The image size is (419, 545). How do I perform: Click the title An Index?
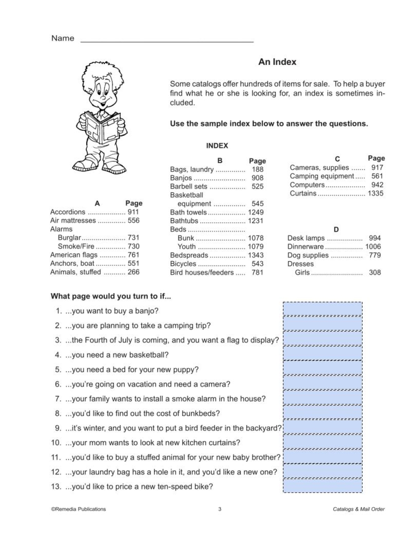pos(277,62)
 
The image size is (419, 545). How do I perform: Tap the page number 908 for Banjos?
pos(257,178)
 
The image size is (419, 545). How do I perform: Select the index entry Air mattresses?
pos(73,221)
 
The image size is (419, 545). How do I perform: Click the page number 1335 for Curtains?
pos(375,193)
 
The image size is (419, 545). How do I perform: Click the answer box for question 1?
pos(323,309)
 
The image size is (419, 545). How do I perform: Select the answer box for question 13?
pos(323,485)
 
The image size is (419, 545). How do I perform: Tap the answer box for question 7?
pos(323,397)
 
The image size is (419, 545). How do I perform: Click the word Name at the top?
pos(62,39)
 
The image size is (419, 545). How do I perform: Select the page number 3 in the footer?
pos(220,509)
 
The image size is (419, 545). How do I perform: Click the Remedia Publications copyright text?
pos(78,509)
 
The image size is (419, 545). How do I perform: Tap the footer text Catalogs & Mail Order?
pos(358,509)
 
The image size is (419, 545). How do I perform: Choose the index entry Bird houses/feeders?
pos(202,272)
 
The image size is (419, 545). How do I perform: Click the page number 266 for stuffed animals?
pos(133,272)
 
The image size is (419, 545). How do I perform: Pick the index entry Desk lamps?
pos(306,238)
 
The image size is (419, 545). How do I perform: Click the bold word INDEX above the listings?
pos(217,146)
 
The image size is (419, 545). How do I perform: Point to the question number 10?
pos(56,443)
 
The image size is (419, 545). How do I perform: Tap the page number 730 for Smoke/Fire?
pos(133,247)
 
